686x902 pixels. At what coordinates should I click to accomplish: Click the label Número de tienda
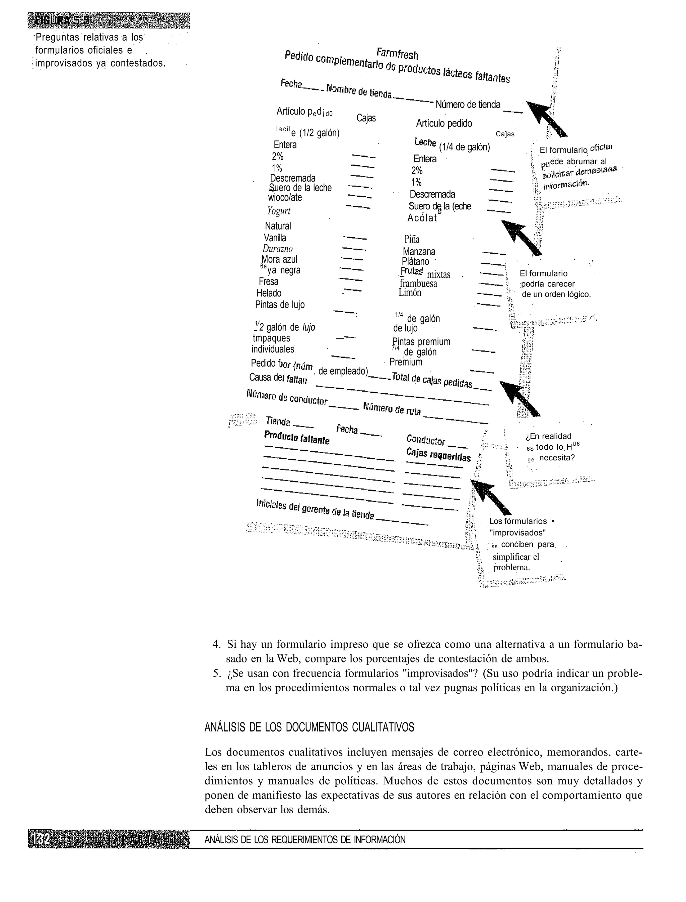468,105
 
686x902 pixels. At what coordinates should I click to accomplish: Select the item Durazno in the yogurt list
277,248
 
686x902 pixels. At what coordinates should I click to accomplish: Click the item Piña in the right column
412,239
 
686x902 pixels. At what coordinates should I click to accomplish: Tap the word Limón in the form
410,293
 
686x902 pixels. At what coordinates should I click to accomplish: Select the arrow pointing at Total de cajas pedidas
520,398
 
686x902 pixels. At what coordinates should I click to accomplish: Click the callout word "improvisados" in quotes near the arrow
518,533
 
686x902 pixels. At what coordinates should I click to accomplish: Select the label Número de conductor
287,397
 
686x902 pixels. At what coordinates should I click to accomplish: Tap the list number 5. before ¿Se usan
216,673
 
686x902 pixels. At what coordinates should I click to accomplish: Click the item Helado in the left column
269,293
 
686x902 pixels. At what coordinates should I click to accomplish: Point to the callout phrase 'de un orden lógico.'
556,294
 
